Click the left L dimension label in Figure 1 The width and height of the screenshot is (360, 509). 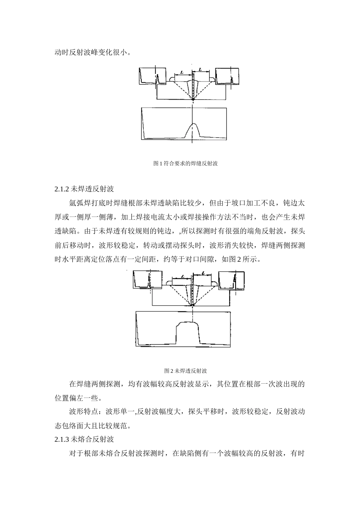click(182, 72)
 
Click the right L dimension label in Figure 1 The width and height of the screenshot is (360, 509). click(200, 70)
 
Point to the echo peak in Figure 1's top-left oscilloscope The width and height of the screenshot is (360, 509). click(158, 78)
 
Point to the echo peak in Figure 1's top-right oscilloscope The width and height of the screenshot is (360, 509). click(232, 78)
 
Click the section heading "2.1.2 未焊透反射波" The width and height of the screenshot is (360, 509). click(85, 189)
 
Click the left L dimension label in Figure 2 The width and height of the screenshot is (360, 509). click(182, 276)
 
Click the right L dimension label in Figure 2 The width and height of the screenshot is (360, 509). click(203, 273)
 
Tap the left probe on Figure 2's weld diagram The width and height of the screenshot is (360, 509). click(169, 283)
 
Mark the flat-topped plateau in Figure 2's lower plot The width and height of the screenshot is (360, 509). click(188, 324)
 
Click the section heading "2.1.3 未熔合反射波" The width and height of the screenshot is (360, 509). click(84, 439)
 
